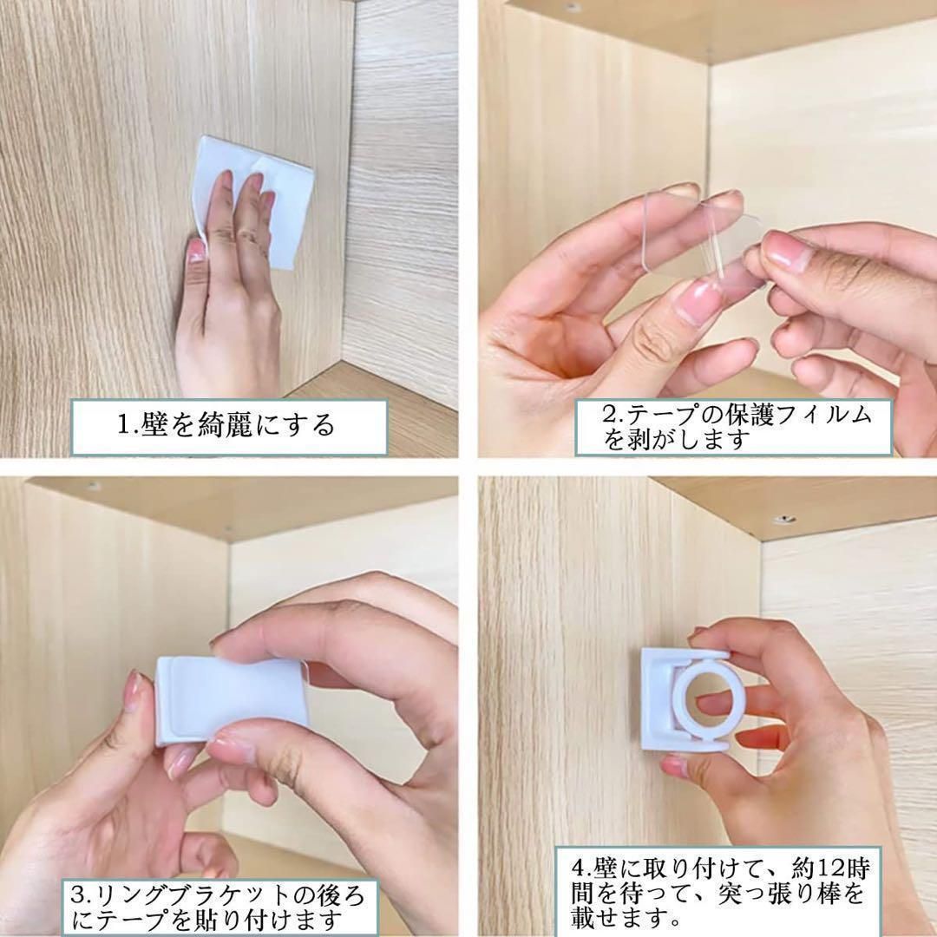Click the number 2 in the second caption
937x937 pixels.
click(x=610, y=414)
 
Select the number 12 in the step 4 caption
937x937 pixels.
click(x=829, y=867)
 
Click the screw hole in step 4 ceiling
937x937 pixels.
click(x=783, y=520)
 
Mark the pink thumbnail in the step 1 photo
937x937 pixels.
click(x=195, y=251)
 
